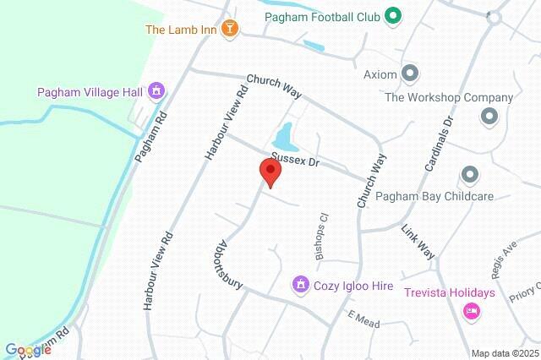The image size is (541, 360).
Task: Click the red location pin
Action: coord(271,172)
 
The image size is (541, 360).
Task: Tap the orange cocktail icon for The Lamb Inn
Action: coord(227,30)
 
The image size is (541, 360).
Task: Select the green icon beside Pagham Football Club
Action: coord(392,15)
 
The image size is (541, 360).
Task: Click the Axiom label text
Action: coord(380,74)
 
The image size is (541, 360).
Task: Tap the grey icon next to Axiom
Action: coord(411,74)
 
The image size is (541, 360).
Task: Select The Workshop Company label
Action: coord(449,97)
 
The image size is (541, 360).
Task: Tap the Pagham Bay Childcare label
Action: coord(434,196)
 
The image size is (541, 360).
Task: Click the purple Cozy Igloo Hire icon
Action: coord(299,286)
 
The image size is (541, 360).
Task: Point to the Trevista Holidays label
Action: coord(449,293)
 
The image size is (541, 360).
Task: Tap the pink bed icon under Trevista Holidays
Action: coord(472,312)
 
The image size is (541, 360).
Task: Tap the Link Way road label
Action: coord(418,242)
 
